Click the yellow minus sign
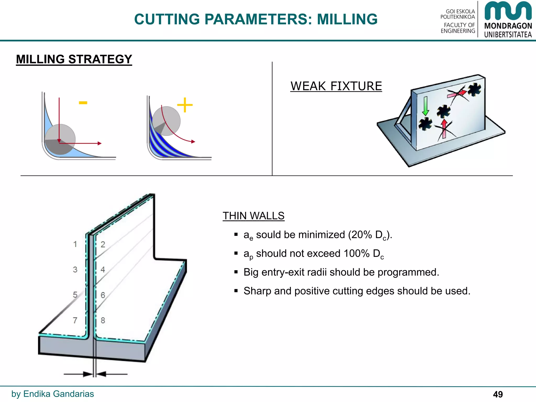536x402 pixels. point(83,103)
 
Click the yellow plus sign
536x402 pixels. point(185,105)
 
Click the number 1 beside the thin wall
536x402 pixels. point(75,244)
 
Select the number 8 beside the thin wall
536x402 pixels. point(103,320)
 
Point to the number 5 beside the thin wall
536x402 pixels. point(75,295)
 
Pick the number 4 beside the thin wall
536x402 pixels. point(103,270)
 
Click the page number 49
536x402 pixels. point(498,394)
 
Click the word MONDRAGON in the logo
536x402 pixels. point(508,26)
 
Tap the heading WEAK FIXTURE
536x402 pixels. point(336,86)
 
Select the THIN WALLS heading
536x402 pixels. point(253,216)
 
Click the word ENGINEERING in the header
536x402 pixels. point(458,31)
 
